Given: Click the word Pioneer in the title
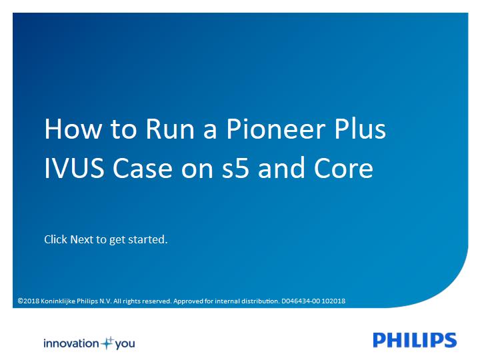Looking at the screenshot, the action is point(275,129).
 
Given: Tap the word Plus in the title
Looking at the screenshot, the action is point(360,129).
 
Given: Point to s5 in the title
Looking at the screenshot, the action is point(235,168).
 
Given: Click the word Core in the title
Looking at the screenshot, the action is point(343,168).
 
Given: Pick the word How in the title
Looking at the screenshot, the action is point(73,129).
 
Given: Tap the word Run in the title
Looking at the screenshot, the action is point(170,129).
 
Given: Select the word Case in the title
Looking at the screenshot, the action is point(143,168).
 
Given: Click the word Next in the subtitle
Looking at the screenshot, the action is point(82,239).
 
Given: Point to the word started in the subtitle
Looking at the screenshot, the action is point(147,239).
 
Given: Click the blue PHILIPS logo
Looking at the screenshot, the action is point(415,340).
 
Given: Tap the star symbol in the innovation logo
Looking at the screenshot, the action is point(107,343).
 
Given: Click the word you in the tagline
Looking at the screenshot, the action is point(125,344).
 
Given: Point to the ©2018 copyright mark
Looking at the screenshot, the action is point(29,301).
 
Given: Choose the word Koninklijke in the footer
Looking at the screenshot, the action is point(58,301).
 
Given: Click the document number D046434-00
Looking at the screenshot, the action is point(301,301).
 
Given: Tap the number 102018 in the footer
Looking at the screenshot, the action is point(333,301).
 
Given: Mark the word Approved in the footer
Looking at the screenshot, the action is point(188,301).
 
